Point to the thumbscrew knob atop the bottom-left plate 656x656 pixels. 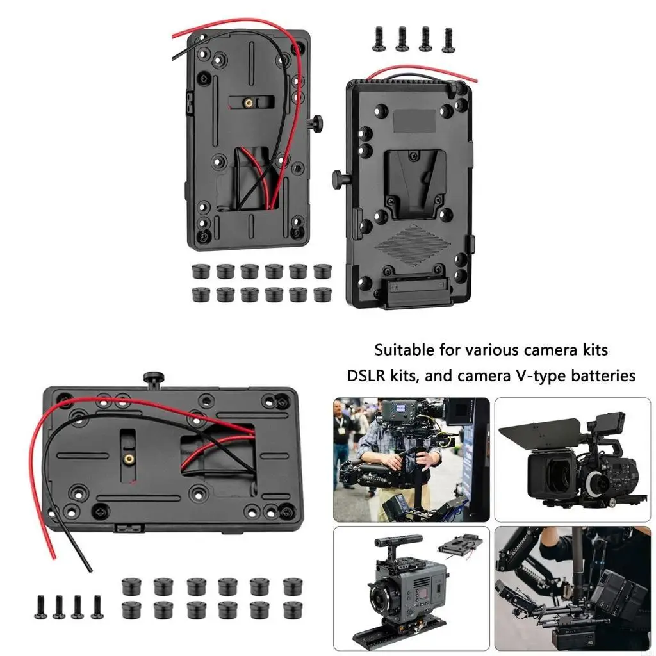coord(152,379)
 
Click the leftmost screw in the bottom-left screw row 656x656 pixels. coord(40,606)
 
